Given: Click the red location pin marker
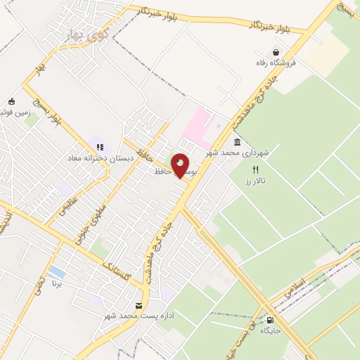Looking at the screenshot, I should pyautogui.click(x=180, y=166).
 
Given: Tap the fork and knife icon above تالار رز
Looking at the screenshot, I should pyautogui.click(x=255, y=169).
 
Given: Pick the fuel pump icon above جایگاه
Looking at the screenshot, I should pyautogui.click(x=269, y=319).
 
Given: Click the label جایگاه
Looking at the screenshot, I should pyautogui.click(x=271, y=329).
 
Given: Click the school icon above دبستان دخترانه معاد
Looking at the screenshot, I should pyautogui.click(x=100, y=147).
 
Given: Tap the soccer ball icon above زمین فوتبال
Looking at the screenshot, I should pyautogui.click(x=11, y=101).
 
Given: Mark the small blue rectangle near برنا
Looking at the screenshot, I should pyautogui.click(x=57, y=272).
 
